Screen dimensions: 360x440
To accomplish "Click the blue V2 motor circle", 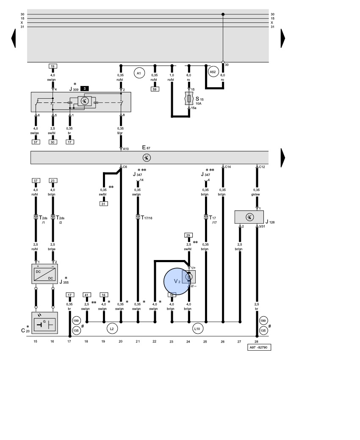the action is click(x=177, y=282).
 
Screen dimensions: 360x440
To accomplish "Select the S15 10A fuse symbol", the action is click(x=189, y=99).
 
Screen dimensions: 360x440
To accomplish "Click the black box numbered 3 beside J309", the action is click(x=85, y=89).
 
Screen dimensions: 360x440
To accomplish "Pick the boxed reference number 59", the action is click(x=155, y=89).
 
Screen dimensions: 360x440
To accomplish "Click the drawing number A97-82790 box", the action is click(x=259, y=347).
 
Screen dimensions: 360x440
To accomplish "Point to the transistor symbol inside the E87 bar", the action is click(x=147, y=158).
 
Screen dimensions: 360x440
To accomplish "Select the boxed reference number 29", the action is click(x=188, y=235).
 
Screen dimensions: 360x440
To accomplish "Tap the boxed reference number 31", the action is click(x=103, y=204).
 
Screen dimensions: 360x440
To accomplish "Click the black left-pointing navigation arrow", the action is click(x=13, y=38).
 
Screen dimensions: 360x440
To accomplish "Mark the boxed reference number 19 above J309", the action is click(x=53, y=66).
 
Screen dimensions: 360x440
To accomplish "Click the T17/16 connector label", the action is click(x=147, y=218).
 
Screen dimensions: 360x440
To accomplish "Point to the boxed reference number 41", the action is click(x=87, y=295).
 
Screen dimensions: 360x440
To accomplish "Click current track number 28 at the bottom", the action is click(x=256, y=341).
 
